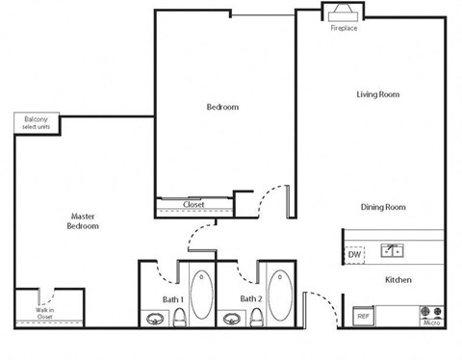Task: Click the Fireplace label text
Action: pos(344,29)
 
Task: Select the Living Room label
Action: pos(377,94)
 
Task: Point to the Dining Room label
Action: pos(382,207)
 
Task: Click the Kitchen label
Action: pos(398,280)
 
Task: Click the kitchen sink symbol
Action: pos(392,251)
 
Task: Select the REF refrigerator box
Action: pos(363,316)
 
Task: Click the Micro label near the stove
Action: pos(430,323)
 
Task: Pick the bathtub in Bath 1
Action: pos(202,294)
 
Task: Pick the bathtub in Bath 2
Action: pos(278,294)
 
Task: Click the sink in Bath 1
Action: pos(154,318)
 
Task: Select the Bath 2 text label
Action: pos(251,299)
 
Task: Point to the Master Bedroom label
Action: pos(82,221)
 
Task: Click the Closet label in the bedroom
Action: pos(193,205)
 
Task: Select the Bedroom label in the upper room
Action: pos(222,107)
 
